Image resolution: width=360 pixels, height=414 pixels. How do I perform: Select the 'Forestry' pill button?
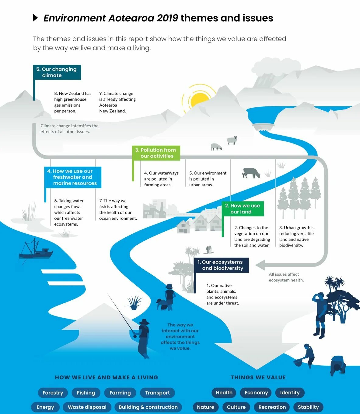(x=53, y=393)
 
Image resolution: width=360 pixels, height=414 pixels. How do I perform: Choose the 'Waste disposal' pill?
(x=87, y=407)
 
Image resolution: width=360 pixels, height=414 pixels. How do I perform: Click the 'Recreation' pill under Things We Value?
(x=272, y=407)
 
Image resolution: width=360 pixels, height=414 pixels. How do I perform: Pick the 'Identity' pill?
(x=290, y=393)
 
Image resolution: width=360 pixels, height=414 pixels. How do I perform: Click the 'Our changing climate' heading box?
(x=57, y=72)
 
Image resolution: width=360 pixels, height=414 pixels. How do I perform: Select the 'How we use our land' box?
(x=243, y=209)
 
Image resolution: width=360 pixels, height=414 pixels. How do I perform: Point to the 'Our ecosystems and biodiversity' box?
(x=222, y=265)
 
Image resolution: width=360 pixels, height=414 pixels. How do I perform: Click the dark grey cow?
(x=251, y=173)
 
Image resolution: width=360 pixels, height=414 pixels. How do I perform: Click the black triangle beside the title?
(x=36, y=18)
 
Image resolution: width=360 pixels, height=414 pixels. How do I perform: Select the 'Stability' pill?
(x=308, y=407)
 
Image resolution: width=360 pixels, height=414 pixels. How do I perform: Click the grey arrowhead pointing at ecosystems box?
(x=260, y=265)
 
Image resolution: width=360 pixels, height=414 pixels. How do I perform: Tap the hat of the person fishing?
(x=144, y=322)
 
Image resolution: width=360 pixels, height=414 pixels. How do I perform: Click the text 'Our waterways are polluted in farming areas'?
(x=161, y=179)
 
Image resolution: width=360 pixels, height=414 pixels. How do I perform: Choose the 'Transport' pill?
(x=157, y=393)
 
